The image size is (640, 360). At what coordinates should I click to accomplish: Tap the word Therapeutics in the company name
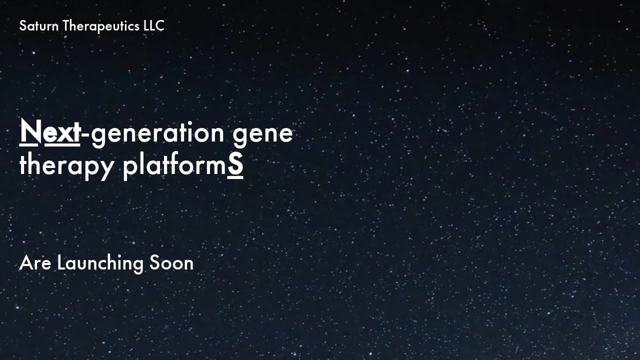click(x=100, y=26)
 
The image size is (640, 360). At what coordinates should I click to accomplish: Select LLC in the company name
click(x=153, y=26)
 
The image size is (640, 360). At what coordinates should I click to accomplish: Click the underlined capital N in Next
click(x=29, y=132)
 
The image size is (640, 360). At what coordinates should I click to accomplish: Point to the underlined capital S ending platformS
click(x=235, y=166)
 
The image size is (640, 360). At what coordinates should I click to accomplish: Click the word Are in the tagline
click(x=35, y=263)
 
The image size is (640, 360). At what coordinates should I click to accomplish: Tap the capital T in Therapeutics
click(x=65, y=26)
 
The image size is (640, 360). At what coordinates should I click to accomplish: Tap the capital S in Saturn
click(x=22, y=26)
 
